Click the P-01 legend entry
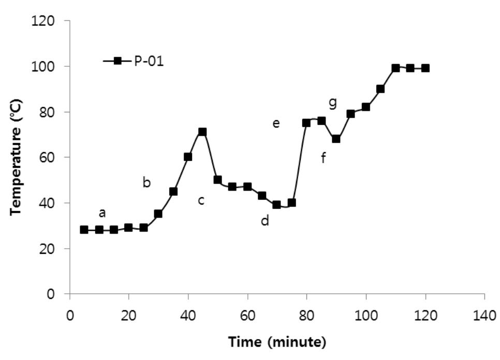pyautogui.click(x=134, y=61)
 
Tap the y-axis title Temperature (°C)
pyautogui.click(x=17, y=156)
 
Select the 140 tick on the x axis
pyautogui.click(x=484, y=315)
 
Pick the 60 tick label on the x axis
pyautogui.click(x=247, y=315)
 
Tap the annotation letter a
pyautogui.click(x=102, y=212)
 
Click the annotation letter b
pyautogui.click(x=146, y=182)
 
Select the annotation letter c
pyautogui.click(x=201, y=200)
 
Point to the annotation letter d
pyautogui.click(x=265, y=221)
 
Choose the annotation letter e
pyautogui.click(x=276, y=123)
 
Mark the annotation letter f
pyautogui.click(x=323, y=158)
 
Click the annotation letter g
pyautogui.click(x=333, y=103)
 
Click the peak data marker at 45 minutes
pyautogui.click(x=202, y=132)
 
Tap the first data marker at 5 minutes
pyautogui.click(x=84, y=229)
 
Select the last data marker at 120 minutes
pyautogui.click(x=425, y=68)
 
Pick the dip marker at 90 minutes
pyautogui.click(x=336, y=139)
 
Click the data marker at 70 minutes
pyautogui.click(x=276, y=205)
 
